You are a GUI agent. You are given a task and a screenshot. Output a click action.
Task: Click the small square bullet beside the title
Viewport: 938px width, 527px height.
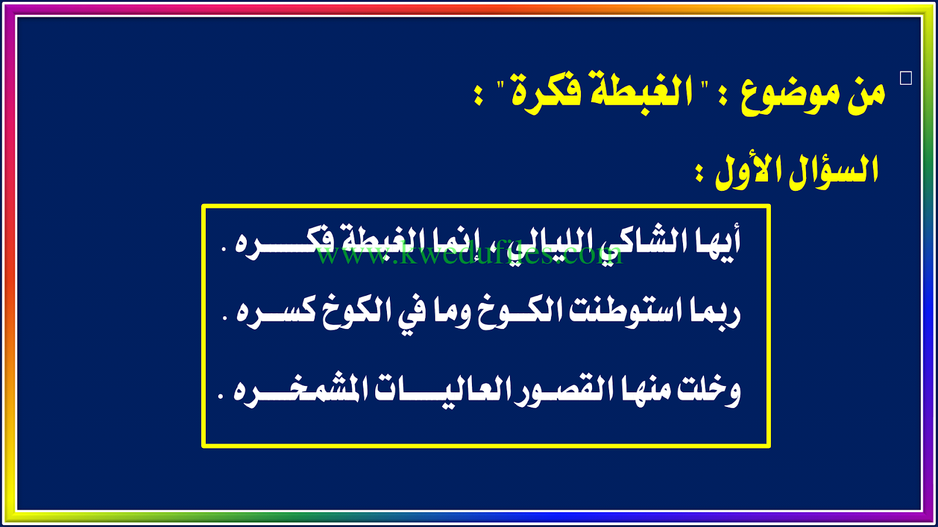(906, 78)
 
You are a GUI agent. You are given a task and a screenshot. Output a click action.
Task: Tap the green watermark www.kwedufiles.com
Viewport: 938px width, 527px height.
(469, 253)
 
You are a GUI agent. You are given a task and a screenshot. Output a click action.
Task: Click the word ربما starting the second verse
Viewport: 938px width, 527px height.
(712, 314)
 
